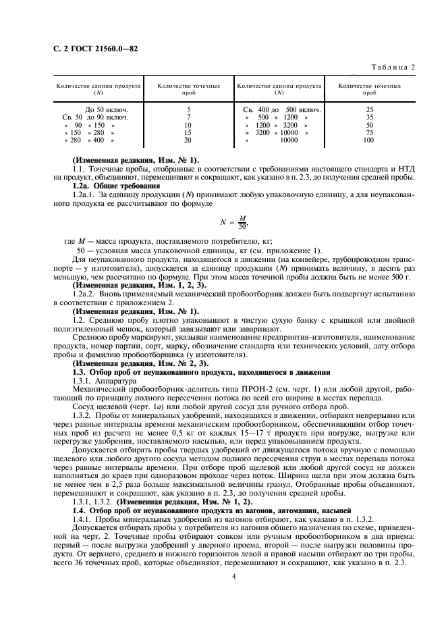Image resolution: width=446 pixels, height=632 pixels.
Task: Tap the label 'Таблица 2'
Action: coord(394,66)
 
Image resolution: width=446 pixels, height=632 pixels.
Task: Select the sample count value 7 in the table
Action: coord(188,117)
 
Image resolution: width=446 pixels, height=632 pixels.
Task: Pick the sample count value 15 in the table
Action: coord(188,133)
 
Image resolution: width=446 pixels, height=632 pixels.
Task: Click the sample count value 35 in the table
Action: coord(369,117)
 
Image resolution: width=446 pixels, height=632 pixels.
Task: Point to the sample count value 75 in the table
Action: coord(369,133)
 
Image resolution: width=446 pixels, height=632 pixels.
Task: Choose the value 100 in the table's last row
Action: coord(369,140)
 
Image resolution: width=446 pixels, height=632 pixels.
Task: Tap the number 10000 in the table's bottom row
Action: coord(288,140)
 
